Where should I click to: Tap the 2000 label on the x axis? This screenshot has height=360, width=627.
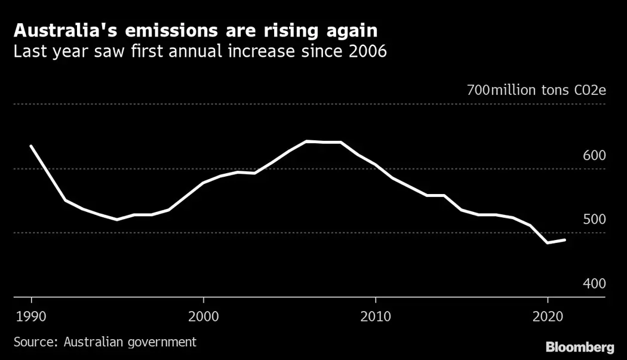(204, 315)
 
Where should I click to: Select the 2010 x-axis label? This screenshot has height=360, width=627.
(376, 315)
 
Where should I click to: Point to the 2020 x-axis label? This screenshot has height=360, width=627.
(548, 315)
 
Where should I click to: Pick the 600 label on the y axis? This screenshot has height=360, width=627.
(594, 155)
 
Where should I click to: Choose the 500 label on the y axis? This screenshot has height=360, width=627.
(594, 219)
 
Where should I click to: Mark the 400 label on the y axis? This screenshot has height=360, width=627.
(594, 284)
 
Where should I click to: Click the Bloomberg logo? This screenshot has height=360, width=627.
(580, 347)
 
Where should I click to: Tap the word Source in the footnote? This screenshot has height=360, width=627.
(33, 342)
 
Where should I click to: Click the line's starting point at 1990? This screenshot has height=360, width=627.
(31, 146)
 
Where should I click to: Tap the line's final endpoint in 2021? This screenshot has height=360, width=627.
(564, 240)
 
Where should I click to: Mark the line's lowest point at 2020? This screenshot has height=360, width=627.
(547, 243)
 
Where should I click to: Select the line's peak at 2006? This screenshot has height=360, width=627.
(306, 141)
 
